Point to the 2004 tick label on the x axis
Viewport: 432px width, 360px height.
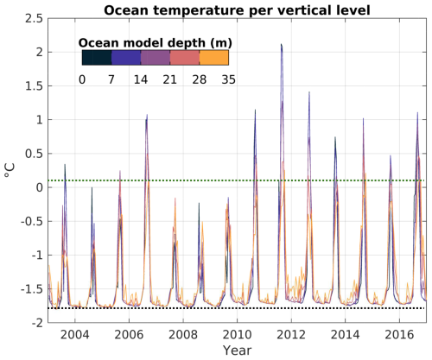coord(74,333)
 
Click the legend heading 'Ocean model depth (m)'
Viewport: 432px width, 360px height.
coord(155,41)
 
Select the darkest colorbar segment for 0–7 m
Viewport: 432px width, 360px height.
coord(96,58)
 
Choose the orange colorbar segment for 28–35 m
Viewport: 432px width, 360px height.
coord(213,58)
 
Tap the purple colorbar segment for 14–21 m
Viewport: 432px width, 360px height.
coord(155,58)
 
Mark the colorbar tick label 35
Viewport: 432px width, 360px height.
coord(227,79)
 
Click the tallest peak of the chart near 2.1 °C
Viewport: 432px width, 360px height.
coord(281,44)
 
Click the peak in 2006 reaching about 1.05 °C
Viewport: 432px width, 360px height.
coord(147,115)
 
